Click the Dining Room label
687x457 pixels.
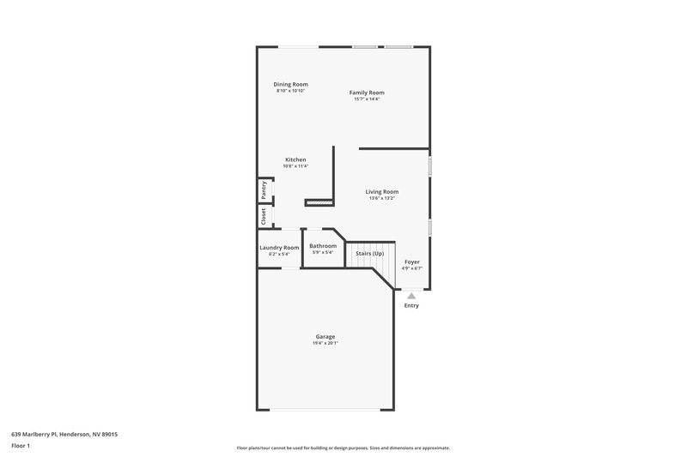tap(290, 84)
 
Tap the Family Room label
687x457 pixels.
tap(367, 92)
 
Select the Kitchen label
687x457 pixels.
tap(295, 159)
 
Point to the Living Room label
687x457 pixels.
tap(382, 191)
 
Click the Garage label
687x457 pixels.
tap(325, 336)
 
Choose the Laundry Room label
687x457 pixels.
tap(279, 247)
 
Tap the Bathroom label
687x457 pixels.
tap(323, 246)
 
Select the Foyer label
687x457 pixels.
tap(412, 262)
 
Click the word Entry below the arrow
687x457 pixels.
tap(411, 305)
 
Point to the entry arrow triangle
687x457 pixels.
tap(411, 295)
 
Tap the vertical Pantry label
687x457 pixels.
tap(264, 189)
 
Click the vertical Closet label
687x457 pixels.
tap(264, 217)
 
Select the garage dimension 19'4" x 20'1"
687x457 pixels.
tap(325, 343)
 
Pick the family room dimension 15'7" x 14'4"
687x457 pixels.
tap(367, 99)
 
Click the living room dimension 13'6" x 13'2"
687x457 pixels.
tap(382, 198)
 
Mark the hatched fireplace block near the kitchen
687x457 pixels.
tap(318, 203)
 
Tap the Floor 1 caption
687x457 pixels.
tap(21, 446)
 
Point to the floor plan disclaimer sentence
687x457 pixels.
tap(343, 448)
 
